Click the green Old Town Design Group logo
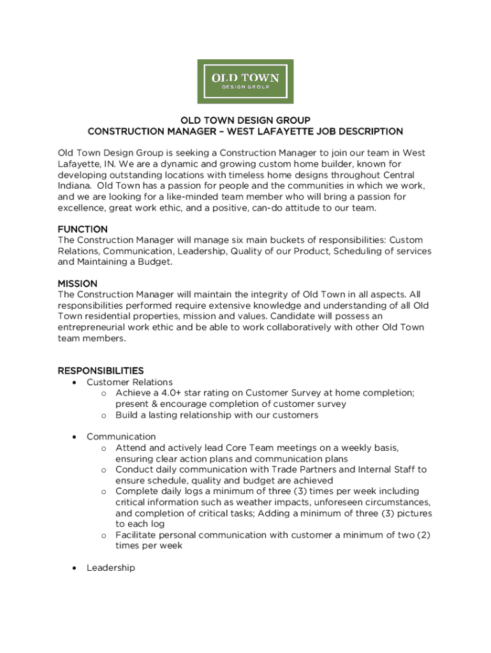click(x=246, y=82)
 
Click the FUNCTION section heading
click(x=83, y=229)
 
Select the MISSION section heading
click(x=78, y=283)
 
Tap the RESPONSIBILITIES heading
click(x=101, y=371)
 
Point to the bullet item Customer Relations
click(x=129, y=382)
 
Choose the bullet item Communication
click(x=121, y=437)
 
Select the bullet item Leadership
click(x=111, y=568)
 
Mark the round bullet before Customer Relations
click(x=75, y=383)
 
